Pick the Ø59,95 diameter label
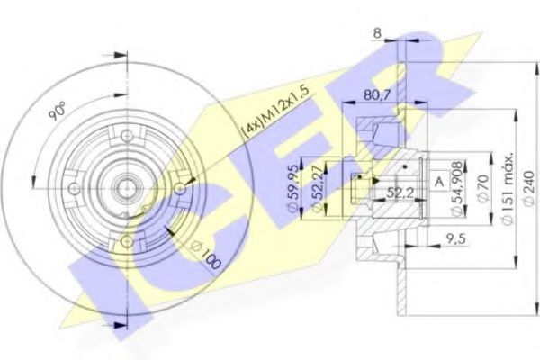tap(292, 189)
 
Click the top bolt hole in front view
tap(126, 136)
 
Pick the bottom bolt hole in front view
tap(126, 239)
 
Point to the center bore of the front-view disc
tap(126, 188)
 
